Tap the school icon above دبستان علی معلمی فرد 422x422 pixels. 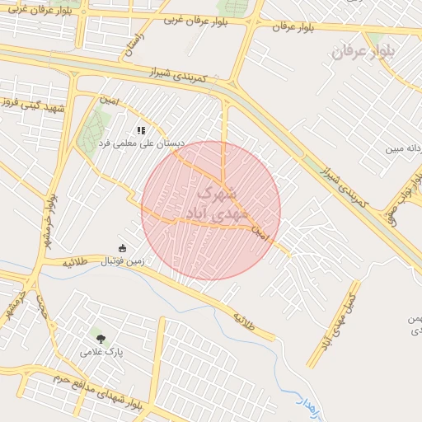pyautogui.click(x=141, y=130)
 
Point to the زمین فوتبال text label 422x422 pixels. pyautogui.click(x=122, y=261)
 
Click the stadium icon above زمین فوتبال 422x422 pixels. pyautogui.click(x=123, y=248)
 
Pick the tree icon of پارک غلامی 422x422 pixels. pyautogui.click(x=101, y=338)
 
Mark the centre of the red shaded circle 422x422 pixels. pyautogui.click(x=211, y=210)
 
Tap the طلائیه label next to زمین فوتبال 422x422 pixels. pyautogui.click(x=75, y=261)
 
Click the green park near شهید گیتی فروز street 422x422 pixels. pyautogui.click(x=92, y=132)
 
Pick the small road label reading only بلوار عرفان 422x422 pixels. pyautogui.click(x=295, y=26)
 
